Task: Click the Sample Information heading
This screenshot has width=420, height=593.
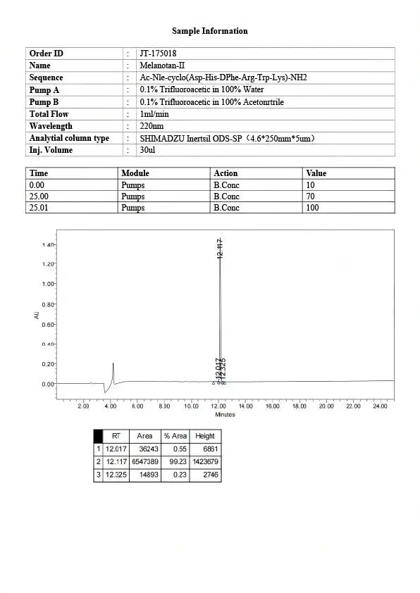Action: tap(210, 31)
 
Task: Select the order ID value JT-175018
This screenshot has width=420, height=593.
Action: tap(159, 54)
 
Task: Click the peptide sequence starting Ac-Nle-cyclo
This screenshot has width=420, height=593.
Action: tap(223, 77)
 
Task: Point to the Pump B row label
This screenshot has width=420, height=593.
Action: tap(44, 102)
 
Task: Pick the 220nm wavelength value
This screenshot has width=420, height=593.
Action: tap(152, 126)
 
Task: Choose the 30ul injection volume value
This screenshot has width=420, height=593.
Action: tap(147, 150)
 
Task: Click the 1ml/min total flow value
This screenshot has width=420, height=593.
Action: tap(154, 114)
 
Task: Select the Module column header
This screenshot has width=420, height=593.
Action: tap(135, 173)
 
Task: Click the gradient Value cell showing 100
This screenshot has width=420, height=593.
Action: tap(312, 208)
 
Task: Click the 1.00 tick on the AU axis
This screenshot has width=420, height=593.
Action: tap(48, 284)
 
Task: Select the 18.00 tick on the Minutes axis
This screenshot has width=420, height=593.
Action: tap(299, 406)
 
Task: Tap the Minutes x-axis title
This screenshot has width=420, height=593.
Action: tap(225, 415)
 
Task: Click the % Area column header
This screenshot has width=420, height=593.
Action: tap(175, 436)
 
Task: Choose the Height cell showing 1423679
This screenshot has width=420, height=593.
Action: tap(205, 461)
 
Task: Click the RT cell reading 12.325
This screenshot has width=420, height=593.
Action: tap(115, 475)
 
